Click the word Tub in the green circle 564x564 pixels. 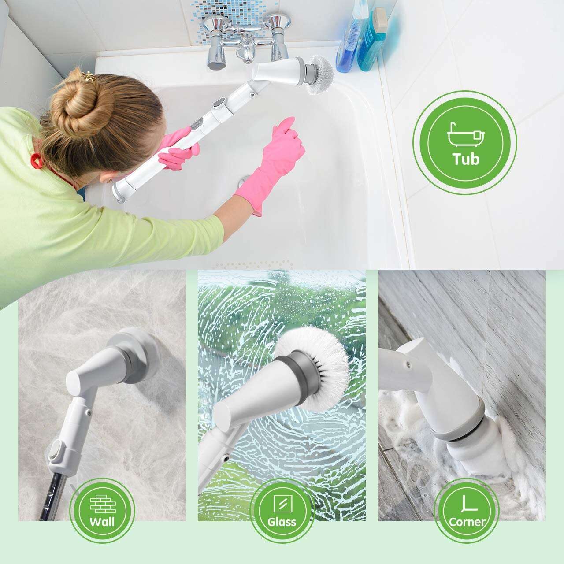tap(466, 159)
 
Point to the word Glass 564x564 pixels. tap(282, 522)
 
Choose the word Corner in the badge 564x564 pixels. tap(467, 522)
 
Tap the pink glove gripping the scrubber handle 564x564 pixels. tap(179, 148)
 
